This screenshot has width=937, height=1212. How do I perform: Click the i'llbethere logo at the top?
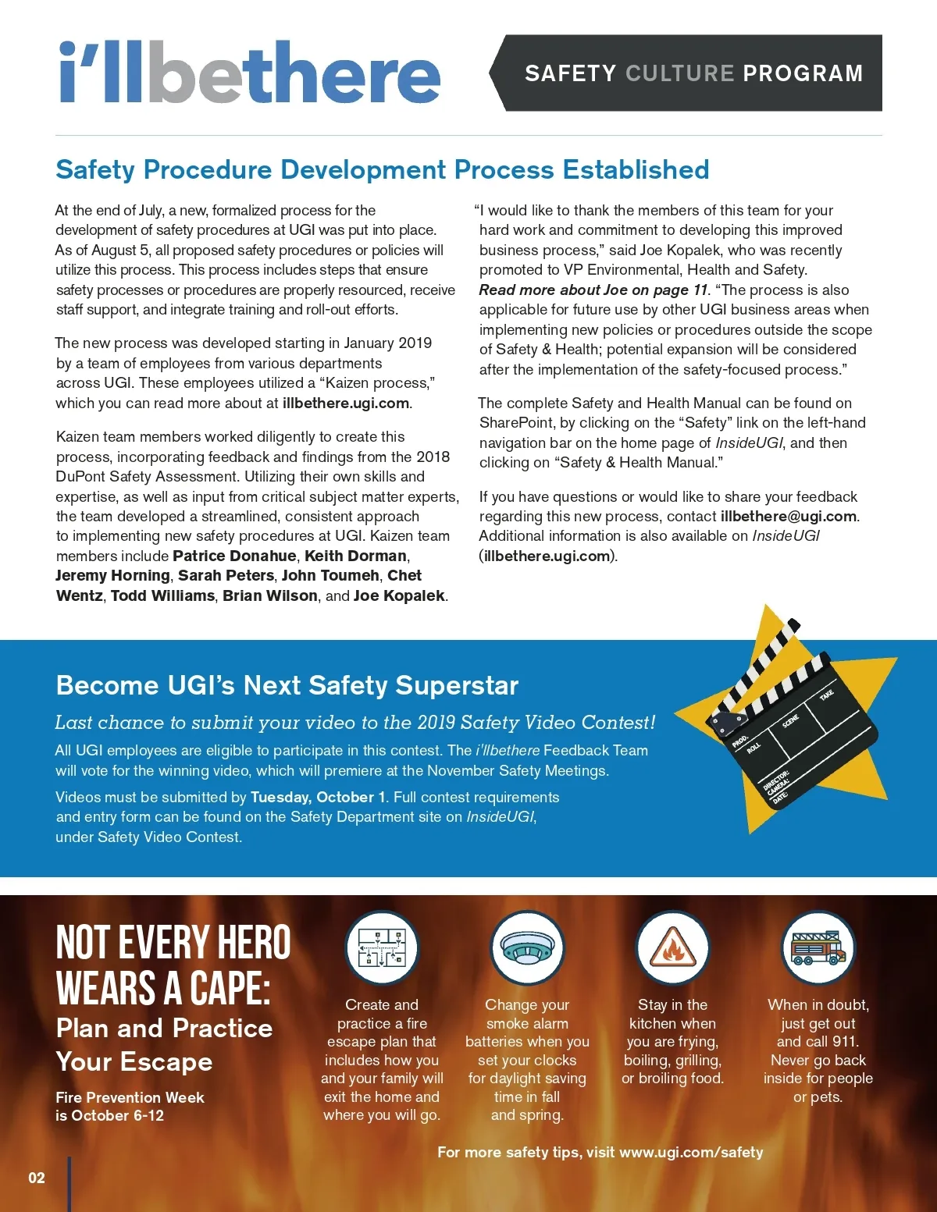[x=250, y=73]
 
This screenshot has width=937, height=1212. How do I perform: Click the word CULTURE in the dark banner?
[x=679, y=73]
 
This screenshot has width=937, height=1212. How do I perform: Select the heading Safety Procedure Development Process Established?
[x=382, y=169]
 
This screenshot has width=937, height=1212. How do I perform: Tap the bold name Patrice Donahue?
[x=234, y=556]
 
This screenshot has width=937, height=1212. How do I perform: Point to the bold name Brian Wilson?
[x=270, y=595]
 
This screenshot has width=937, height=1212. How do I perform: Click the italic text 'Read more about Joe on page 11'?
[x=593, y=290]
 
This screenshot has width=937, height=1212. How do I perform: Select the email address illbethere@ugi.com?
[x=789, y=516]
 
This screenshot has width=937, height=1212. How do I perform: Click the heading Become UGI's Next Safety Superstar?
[x=287, y=685]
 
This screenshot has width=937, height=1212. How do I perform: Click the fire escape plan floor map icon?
[x=382, y=947]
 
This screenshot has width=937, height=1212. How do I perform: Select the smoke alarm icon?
[x=527, y=947]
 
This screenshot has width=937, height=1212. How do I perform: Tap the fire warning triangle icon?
[x=672, y=947]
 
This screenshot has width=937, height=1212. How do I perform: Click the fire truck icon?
[x=818, y=947]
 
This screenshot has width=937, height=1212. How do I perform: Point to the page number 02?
[x=37, y=1178]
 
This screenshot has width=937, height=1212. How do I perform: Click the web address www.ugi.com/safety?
[x=691, y=1152]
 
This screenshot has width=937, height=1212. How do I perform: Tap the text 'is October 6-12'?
[x=109, y=1115]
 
